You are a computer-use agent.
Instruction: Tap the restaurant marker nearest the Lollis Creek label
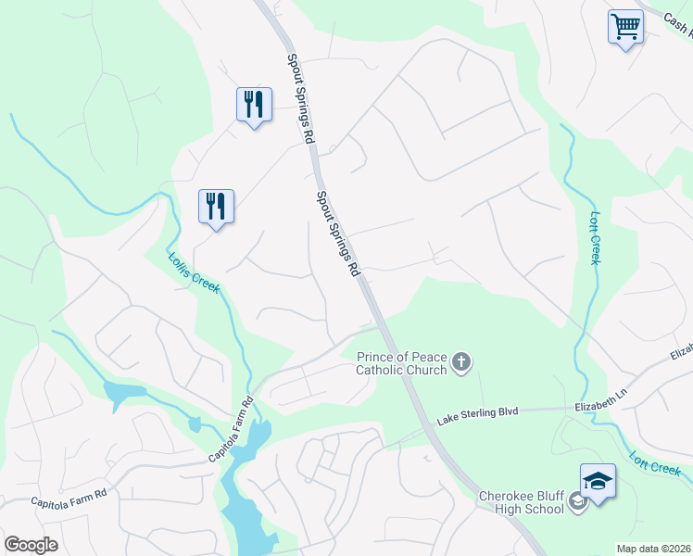pyautogui.click(x=216, y=206)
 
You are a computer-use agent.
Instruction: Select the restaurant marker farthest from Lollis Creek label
pyautogui.click(x=253, y=105)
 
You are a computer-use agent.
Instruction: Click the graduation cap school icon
pyautogui.click(x=598, y=481)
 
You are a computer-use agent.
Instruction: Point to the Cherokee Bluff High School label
pyautogui.click(x=521, y=502)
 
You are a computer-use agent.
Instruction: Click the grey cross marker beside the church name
pyautogui.click(x=461, y=363)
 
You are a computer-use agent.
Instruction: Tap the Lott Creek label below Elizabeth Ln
pyautogui.click(x=655, y=463)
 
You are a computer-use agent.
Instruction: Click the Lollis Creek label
pyautogui.click(x=194, y=273)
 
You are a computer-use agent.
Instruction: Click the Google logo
pyautogui.click(x=31, y=545)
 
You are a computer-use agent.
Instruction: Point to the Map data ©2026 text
pyautogui.click(x=653, y=549)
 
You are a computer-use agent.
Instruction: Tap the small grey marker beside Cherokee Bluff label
pyautogui.click(x=577, y=502)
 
